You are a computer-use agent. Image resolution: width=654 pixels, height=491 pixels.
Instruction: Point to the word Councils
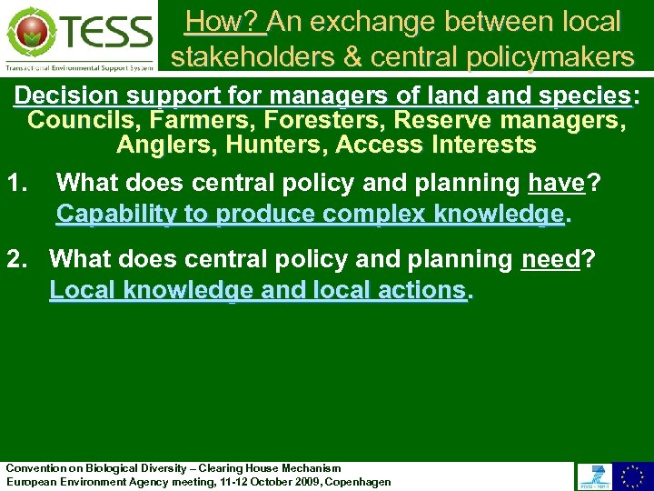74,120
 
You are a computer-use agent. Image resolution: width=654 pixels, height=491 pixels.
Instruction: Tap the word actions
426,291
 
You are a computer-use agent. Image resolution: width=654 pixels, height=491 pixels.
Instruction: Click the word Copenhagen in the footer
358,482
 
